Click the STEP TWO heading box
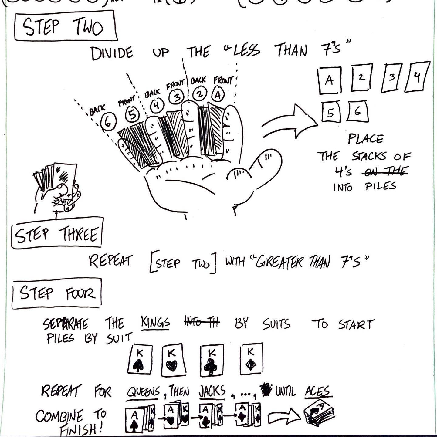click(x=65, y=26)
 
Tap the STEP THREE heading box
click(x=57, y=233)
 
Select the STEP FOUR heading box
click(x=57, y=293)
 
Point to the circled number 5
click(x=132, y=115)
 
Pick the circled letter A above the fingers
click(x=218, y=95)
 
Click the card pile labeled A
click(x=329, y=80)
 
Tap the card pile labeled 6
click(x=357, y=112)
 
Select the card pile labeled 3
click(x=392, y=77)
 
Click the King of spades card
click(x=139, y=359)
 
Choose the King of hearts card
click(x=173, y=360)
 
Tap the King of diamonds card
click(x=251, y=359)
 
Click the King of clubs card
click(x=212, y=360)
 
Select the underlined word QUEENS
click(x=143, y=391)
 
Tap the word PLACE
click(x=365, y=139)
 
